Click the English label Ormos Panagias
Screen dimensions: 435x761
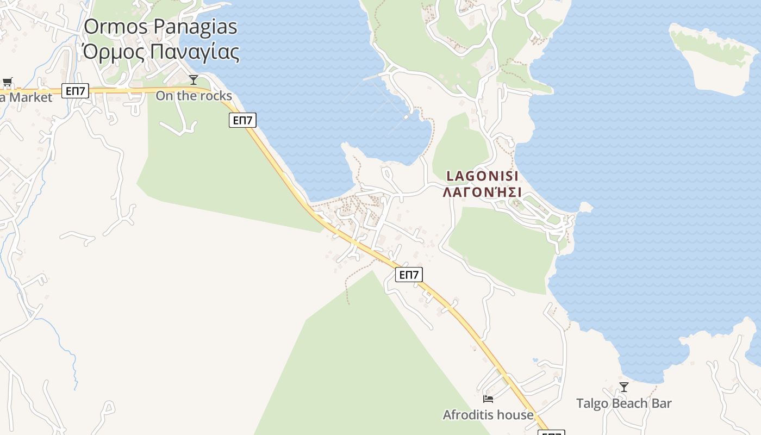[161, 27]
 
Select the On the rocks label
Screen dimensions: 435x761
[194, 96]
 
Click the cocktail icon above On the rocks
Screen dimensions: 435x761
[193, 80]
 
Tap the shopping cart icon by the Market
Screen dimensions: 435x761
[7, 83]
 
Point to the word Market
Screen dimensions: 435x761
[30, 98]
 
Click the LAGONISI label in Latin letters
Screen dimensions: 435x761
[482, 176]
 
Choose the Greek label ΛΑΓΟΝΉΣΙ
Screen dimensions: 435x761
[482, 192]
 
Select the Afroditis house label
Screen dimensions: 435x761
[488, 415]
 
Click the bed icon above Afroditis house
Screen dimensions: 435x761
[488, 399]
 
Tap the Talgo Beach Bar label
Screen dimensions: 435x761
[623, 403]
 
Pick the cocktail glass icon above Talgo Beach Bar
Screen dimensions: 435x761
[624, 387]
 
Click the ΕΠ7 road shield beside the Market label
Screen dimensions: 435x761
[75, 91]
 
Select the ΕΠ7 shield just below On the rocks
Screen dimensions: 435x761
[242, 120]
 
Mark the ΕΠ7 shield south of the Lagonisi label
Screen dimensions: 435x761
[409, 275]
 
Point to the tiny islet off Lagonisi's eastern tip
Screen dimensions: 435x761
[585, 207]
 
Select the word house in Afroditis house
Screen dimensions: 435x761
[516, 415]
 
